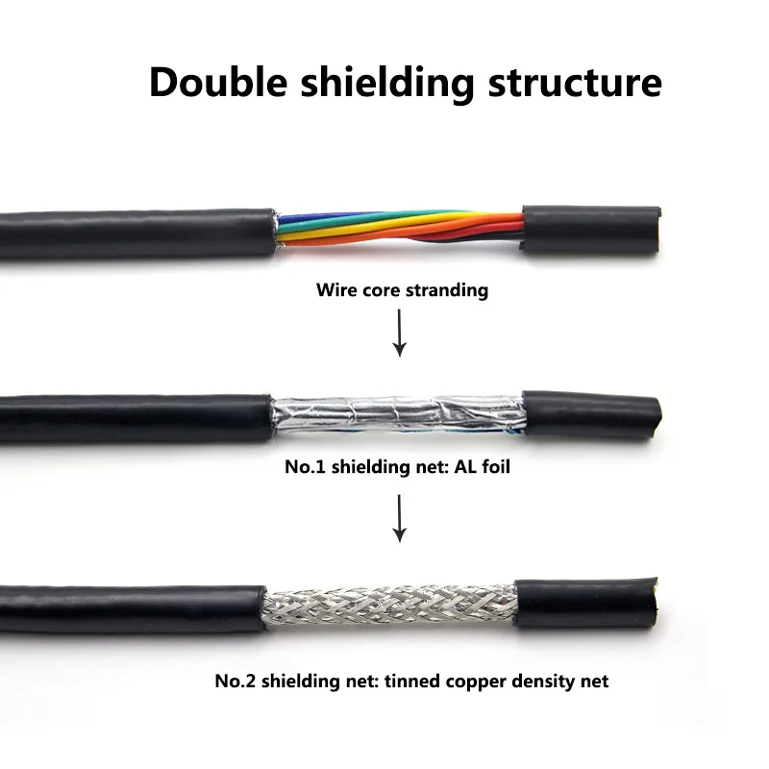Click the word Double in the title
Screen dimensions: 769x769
pyautogui.click(x=214, y=83)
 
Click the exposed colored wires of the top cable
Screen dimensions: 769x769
pyautogui.click(x=399, y=229)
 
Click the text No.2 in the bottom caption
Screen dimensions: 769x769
pyautogui.click(x=232, y=682)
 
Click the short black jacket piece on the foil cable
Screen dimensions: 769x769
pyautogui.click(x=590, y=414)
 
